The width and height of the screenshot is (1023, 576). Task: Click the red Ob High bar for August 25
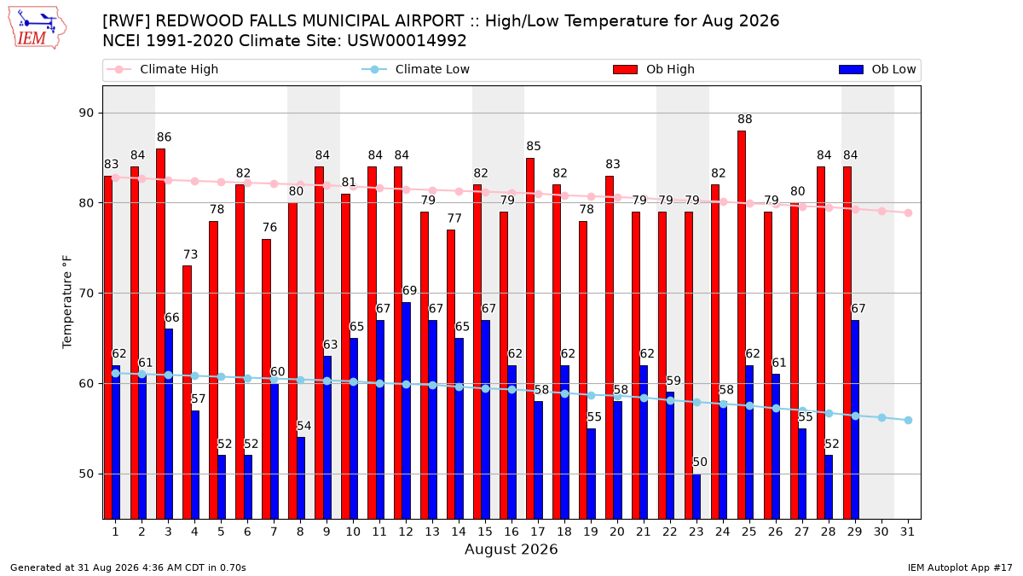pos(741,324)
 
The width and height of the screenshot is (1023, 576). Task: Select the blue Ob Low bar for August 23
pos(696,497)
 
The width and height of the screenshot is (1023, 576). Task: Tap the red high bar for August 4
pos(187,393)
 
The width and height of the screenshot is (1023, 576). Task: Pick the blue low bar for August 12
pos(406,410)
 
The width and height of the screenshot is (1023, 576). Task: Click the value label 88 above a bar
pos(744,119)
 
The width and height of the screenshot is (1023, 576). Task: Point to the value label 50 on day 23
pos(700,463)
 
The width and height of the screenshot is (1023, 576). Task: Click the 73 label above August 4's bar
pos(190,254)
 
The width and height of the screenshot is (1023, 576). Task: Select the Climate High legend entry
pos(162,69)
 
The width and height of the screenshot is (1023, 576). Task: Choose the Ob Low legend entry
pos(877,69)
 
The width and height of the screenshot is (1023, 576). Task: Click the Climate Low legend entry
pos(416,69)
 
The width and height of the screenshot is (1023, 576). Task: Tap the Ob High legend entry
pos(654,69)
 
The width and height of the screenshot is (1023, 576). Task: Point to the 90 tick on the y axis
pos(86,113)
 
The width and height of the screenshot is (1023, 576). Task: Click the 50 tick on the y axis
pos(86,474)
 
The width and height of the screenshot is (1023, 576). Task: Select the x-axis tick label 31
pos(907,532)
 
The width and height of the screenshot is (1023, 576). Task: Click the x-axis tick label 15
pos(485,532)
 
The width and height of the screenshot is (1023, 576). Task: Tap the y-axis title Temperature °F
pos(67,302)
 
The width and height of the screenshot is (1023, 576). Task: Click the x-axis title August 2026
pos(511,549)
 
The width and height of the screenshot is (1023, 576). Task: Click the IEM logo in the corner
pos(37,28)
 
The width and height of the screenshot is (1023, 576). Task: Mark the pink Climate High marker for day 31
pos(908,213)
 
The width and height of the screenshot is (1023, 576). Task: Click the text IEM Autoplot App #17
pos(960,567)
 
